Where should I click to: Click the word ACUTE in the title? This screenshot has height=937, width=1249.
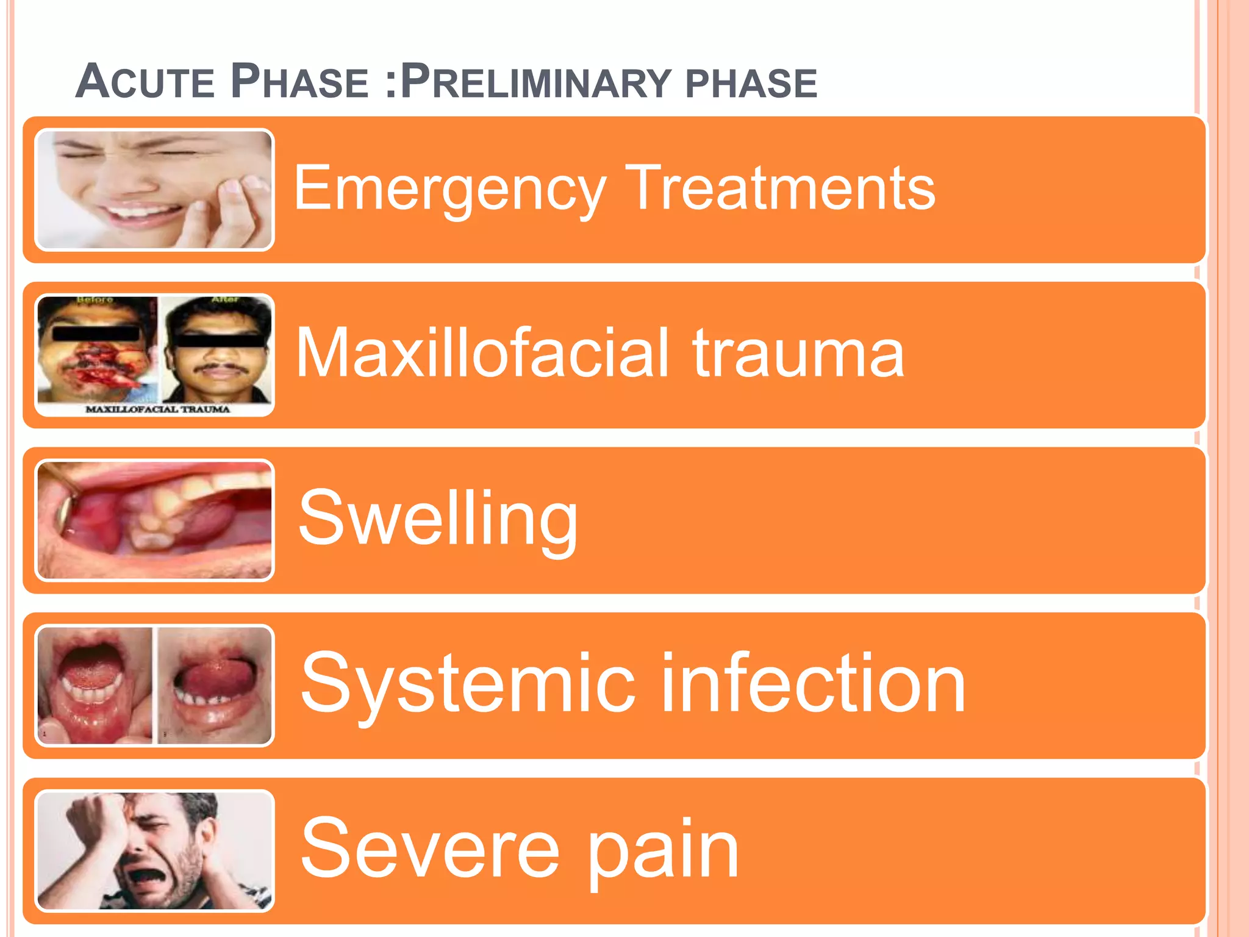click(x=145, y=81)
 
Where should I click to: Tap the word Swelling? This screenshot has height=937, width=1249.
click(x=438, y=519)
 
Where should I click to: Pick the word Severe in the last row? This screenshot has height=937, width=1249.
click(x=430, y=848)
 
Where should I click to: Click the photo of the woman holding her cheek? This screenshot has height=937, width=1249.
click(x=155, y=190)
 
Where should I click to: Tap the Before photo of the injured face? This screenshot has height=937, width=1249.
click(x=96, y=351)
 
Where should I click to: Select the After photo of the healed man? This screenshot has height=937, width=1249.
click(x=216, y=351)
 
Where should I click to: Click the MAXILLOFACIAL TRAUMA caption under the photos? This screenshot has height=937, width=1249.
click(x=157, y=409)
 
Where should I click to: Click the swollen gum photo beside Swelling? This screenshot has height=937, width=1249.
click(x=155, y=520)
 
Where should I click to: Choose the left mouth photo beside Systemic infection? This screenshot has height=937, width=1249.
click(x=95, y=686)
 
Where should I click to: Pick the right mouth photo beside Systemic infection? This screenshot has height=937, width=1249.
click(x=215, y=686)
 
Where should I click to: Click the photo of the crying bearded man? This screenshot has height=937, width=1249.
click(x=155, y=851)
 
